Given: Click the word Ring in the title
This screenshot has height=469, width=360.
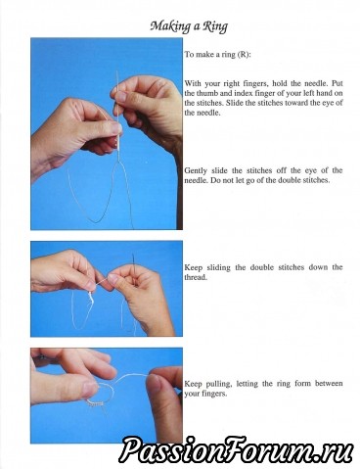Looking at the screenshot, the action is tap(214, 26).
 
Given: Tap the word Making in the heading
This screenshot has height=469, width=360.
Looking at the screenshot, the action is tap(170, 26).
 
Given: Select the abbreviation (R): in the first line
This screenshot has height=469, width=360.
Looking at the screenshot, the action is tap(244, 55).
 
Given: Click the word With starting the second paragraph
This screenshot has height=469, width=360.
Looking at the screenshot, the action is tap(193, 83).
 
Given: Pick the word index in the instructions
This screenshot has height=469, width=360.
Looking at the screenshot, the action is tap(241, 93).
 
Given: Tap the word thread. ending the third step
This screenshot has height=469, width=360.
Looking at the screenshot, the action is tap(196, 277).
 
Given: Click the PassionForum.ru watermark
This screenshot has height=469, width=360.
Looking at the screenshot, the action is tap(237, 449).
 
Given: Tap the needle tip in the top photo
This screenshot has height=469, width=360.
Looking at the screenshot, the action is tap(116, 71).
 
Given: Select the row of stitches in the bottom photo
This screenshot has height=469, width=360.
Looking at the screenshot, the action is tap(96, 404).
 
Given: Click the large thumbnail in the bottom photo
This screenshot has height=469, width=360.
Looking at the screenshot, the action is tap(90, 390).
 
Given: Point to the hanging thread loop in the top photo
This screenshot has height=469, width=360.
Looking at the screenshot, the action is tap(101, 196).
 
